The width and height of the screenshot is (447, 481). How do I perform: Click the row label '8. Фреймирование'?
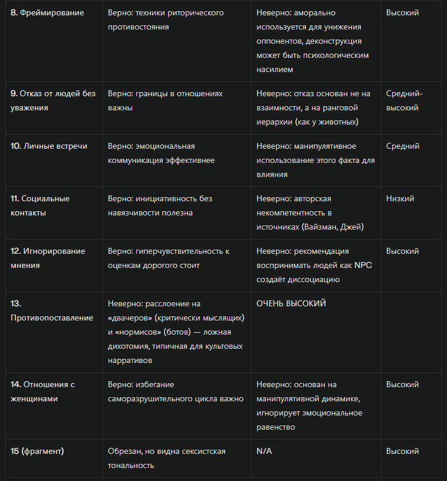click(47, 12)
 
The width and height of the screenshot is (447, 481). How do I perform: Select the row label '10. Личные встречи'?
click(48, 146)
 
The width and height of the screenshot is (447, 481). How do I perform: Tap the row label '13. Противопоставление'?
click(52, 310)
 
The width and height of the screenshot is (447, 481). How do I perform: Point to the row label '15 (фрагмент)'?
click(37, 451)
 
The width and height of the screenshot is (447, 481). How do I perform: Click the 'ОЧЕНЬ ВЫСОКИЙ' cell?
click(291, 303)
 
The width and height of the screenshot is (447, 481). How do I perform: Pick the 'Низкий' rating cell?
click(400, 198)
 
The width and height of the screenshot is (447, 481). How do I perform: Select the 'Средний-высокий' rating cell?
click(404, 100)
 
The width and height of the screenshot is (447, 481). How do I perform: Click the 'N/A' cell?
click(264, 451)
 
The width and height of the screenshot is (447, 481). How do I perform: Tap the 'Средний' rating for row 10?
click(403, 146)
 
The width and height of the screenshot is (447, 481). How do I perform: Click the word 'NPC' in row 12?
click(363, 265)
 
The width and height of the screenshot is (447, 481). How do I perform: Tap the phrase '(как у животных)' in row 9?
click(324, 122)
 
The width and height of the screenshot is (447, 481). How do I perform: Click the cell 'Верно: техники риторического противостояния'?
click(166, 19)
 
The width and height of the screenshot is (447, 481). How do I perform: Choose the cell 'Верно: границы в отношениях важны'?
click(165, 100)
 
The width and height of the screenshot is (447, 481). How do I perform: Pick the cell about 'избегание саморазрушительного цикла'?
click(176, 391)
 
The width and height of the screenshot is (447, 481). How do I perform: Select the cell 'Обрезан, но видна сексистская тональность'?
click(166, 458)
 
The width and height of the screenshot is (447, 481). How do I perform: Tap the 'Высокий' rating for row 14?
click(403, 384)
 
